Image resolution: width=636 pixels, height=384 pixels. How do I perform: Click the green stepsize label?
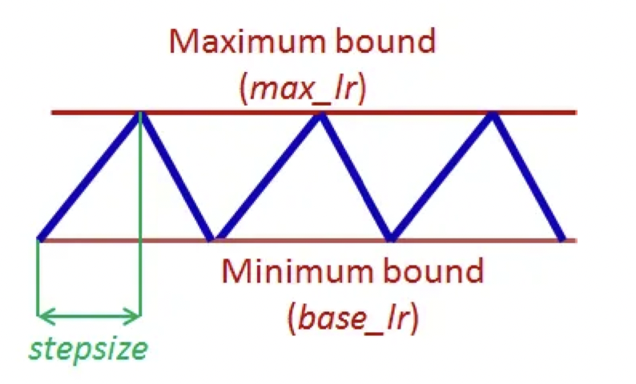click(x=89, y=349)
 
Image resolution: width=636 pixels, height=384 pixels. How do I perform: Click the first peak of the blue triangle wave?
click(x=140, y=115)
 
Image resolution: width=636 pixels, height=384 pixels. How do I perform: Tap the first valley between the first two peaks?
click(x=212, y=237)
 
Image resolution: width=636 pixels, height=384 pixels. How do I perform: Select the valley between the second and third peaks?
click(x=390, y=237)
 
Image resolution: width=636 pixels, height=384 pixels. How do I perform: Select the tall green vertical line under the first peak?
click(x=141, y=216)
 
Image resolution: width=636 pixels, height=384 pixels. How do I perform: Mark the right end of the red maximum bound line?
click(x=574, y=112)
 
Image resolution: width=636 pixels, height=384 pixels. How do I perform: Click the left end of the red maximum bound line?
click(x=53, y=112)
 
